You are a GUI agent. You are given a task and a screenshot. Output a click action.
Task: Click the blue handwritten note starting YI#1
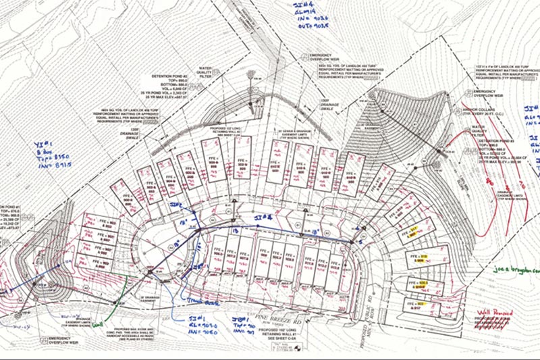53,155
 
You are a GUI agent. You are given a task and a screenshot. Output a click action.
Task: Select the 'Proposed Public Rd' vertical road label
375,317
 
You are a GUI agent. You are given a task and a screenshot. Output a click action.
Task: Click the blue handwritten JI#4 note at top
309,18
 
